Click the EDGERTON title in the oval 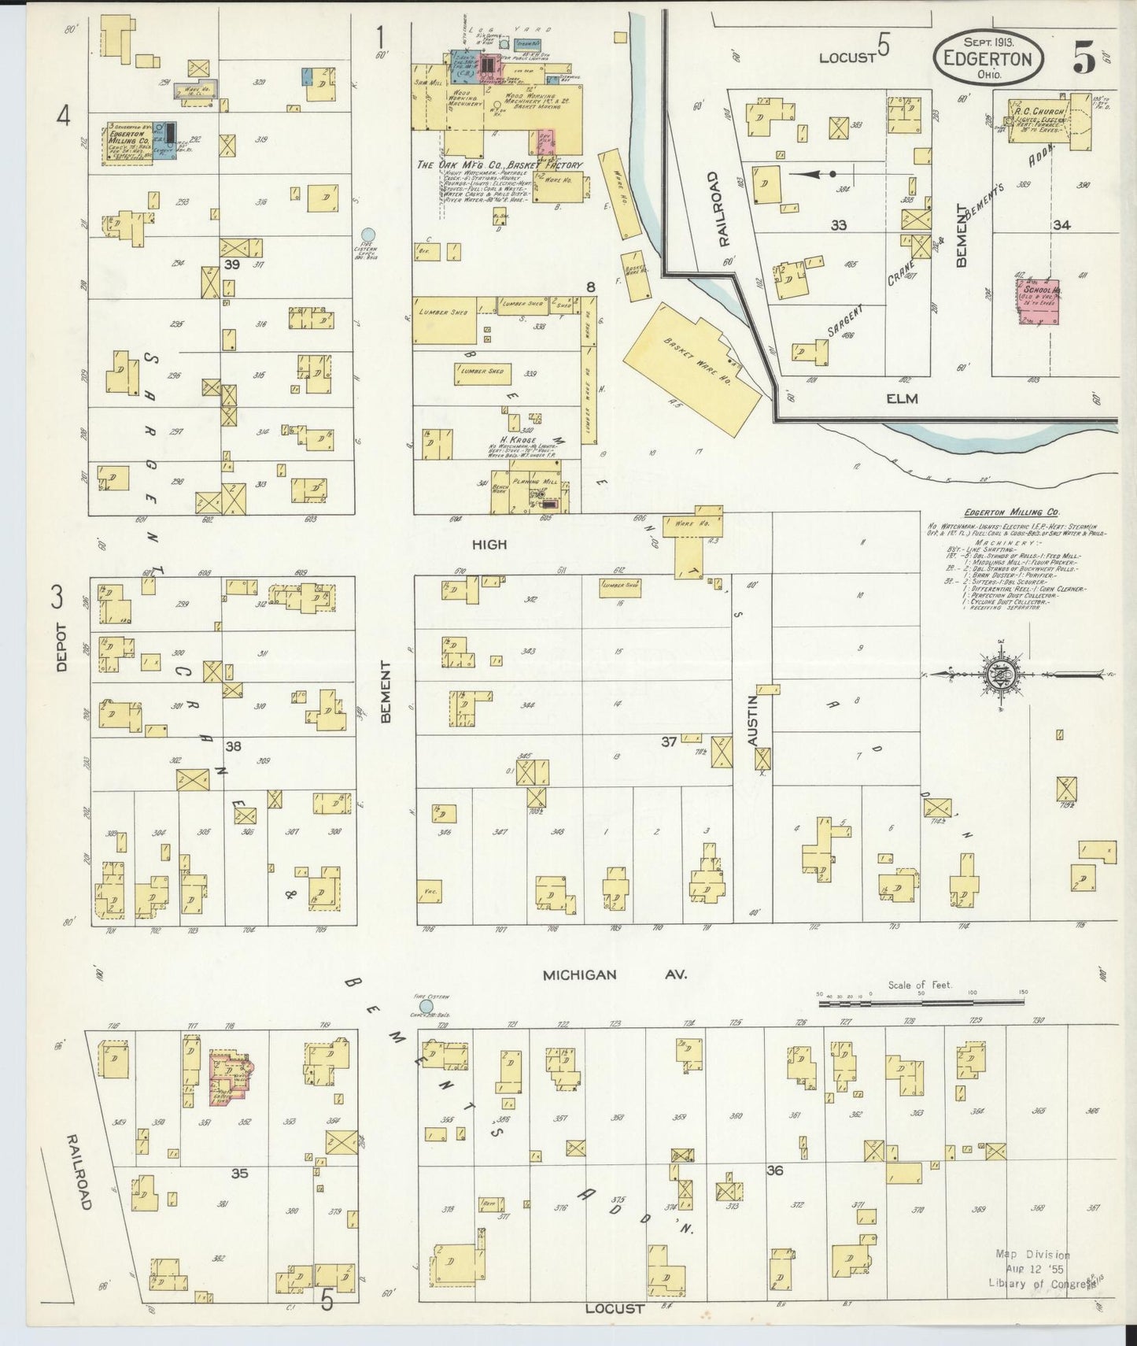[x=989, y=58]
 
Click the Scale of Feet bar [x=920, y=1004]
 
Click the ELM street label [x=902, y=398]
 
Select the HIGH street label [x=489, y=544]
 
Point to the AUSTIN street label [x=752, y=721]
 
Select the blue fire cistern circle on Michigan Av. [x=426, y=1006]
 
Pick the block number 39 [x=231, y=265]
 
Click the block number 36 [x=775, y=1170]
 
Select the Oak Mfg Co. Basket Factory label [x=500, y=165]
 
